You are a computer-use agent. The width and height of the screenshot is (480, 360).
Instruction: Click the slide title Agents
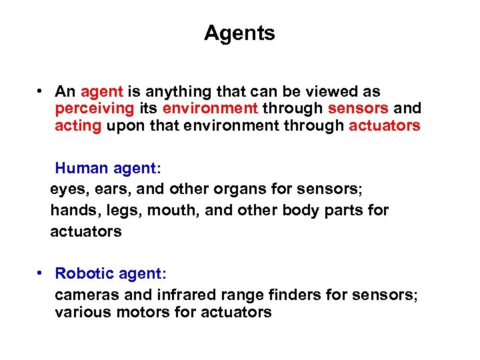239,33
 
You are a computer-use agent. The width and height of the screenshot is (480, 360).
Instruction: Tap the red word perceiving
95,109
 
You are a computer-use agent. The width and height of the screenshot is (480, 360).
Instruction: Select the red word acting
78,126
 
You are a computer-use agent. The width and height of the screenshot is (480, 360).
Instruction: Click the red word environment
210,109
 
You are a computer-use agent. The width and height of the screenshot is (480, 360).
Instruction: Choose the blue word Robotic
83,273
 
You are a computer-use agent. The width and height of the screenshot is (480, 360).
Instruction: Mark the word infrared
185,295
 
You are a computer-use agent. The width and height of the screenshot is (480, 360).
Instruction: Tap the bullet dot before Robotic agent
41,273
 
